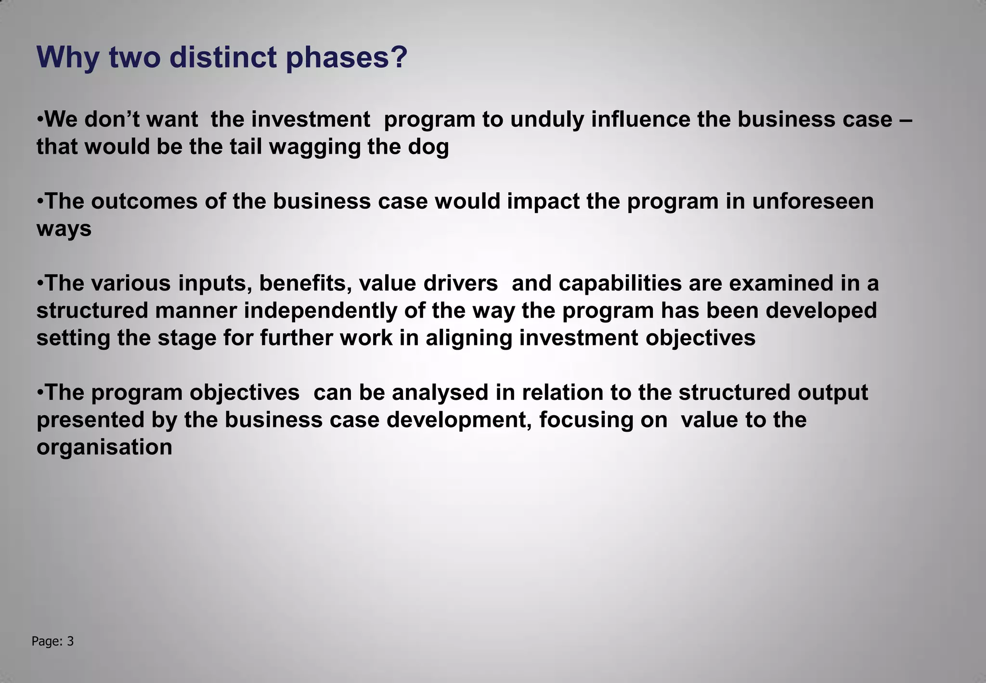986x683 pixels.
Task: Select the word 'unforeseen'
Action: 813,201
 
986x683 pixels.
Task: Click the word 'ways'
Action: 64,229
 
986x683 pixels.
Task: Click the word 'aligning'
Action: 469,338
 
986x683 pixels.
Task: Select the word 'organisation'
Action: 104,447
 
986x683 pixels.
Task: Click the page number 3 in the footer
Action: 70,641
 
